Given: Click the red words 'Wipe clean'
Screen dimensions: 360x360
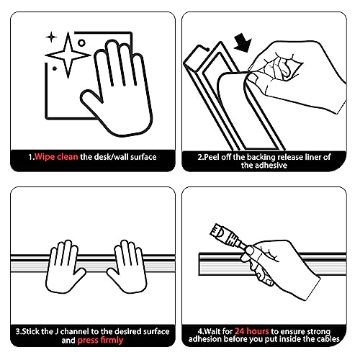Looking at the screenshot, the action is coord(56,157).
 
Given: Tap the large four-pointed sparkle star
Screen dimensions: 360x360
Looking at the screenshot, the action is coord(68,55).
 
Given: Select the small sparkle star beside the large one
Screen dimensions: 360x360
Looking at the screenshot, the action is coord(51,37).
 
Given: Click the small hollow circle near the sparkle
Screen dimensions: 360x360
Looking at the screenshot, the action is coord(81,43).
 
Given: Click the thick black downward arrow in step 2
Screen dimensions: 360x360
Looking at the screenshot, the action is coord(243,42).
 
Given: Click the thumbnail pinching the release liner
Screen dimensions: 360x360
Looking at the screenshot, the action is coord(253,78).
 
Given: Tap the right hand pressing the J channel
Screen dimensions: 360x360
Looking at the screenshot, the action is coord(127,266).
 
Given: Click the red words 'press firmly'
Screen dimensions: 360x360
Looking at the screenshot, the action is coord(100,341).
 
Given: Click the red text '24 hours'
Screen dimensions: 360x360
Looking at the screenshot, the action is coord(252,331).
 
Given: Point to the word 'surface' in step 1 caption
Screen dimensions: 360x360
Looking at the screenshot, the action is coord(143,157).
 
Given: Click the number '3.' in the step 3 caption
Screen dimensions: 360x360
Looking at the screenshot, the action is coord(19,332).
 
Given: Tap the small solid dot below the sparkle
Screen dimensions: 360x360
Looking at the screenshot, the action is coord(55,68).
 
